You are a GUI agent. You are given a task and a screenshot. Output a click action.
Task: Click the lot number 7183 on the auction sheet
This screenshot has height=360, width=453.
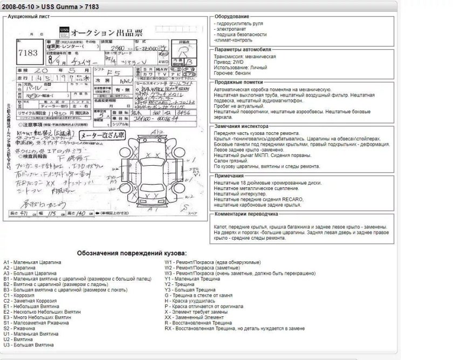click(x=28, y=53)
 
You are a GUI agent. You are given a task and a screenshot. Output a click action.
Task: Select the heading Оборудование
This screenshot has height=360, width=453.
click(x=231, y=17)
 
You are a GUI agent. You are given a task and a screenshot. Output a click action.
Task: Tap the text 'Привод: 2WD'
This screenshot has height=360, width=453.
click(x=233, y=62)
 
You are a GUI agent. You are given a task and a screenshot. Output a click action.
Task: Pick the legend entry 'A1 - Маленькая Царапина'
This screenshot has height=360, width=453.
click(x=32, y=262)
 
